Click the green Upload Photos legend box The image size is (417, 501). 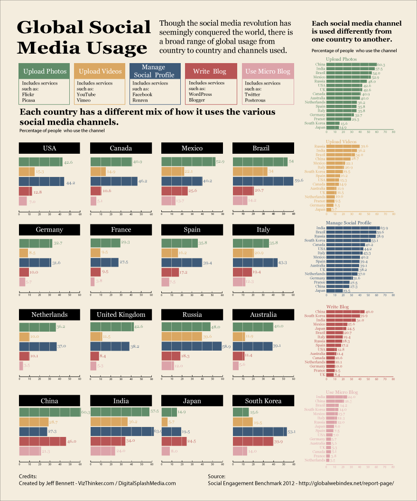45,71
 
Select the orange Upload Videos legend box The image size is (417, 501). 100,71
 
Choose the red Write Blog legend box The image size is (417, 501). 210,71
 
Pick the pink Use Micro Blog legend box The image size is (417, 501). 268,71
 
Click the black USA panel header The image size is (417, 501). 49,148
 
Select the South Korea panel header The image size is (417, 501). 263,401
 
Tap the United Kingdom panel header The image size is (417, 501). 121,315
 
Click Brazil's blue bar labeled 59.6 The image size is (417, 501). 263,181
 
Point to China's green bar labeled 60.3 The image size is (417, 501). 49,412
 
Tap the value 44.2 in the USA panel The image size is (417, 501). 70,182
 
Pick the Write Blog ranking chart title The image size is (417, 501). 338,307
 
